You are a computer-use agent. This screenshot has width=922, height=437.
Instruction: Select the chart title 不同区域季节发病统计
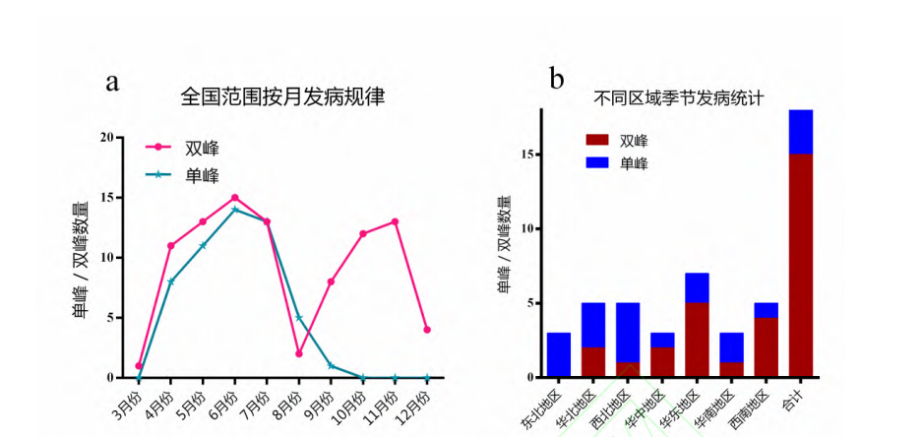pos(679,98)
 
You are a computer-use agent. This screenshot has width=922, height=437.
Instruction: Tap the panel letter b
pos(557,80)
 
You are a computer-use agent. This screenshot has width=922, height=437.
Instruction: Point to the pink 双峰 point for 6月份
pos(234,198)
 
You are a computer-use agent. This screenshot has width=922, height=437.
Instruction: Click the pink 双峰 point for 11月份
pos(395,221)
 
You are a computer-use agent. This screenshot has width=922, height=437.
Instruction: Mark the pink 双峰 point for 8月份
pos(298,353)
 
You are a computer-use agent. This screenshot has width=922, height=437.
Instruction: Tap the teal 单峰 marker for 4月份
pos(170,281)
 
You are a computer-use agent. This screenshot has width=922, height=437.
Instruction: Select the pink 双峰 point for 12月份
pos(427,330)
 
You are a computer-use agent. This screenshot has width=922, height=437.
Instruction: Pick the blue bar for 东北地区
pos(558,354)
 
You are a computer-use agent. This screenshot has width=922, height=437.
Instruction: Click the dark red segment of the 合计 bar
pos(801,266)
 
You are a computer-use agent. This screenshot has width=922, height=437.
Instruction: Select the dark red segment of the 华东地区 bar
pos(697,340)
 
